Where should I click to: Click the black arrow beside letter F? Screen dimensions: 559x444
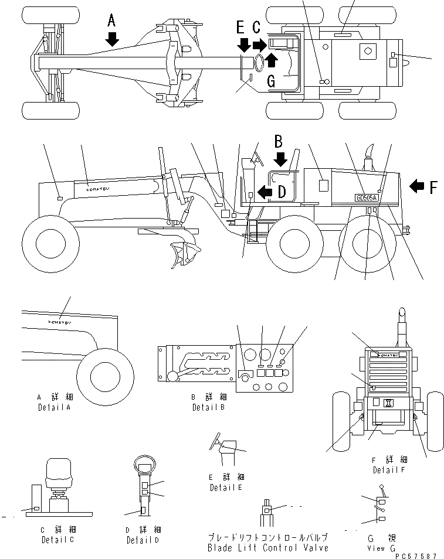click(x=417, y=186)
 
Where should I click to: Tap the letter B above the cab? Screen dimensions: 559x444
click(x=279, y=141)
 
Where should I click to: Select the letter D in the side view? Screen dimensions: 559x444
click(x=282, y=192)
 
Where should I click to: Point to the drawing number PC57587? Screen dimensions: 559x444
click(x=416, y=554)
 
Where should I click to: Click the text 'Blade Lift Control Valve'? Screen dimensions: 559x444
click(x=267, y=548)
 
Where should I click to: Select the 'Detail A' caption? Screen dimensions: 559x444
click(x=54, y=406)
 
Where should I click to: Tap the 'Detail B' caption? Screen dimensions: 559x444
click(x=208, y=407)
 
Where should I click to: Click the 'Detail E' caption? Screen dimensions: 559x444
click(x=226, y=487)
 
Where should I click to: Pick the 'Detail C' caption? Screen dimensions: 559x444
click(x=57, y=540)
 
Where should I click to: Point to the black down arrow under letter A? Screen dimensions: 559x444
click(x=112, y=39)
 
